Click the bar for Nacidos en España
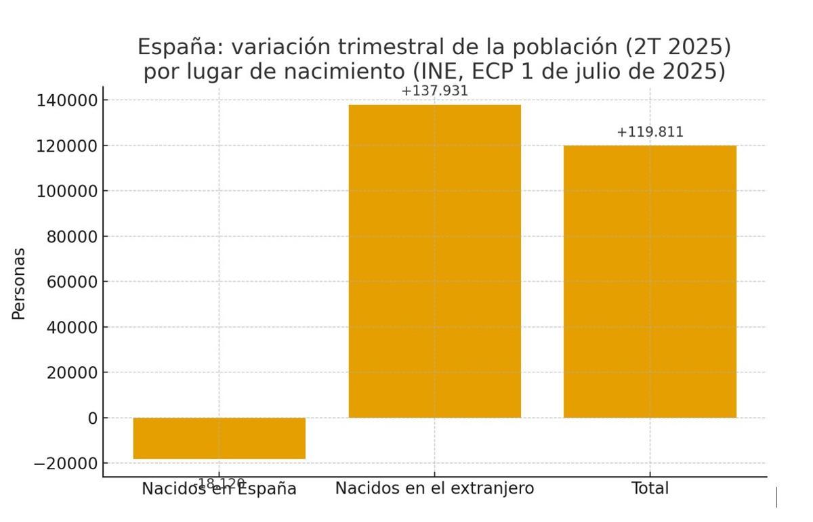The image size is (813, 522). (219, 438)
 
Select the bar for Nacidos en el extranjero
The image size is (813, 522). (434, 261)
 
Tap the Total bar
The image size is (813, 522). (650, 281)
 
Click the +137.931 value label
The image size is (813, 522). (434, 91)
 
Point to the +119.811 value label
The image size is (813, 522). (650, 132)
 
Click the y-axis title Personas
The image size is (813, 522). (19, 283)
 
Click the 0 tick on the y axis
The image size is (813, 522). (93, 418)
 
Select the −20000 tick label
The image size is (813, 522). (66, 464)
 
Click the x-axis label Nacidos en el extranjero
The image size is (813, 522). (434, 488)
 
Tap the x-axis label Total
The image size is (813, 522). (650, 488)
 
